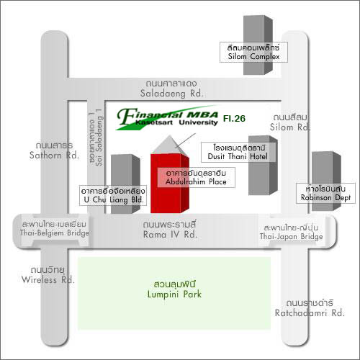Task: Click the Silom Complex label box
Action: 253,53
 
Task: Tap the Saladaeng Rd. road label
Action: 171,89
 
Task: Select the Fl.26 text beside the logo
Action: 234,118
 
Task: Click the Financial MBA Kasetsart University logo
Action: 168,117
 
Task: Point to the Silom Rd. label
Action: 290,122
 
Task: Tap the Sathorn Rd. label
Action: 54,150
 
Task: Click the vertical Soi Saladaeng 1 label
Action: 96,138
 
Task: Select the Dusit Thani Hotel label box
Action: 238,152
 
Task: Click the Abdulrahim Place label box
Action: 196,177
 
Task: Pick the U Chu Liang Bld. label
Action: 113,195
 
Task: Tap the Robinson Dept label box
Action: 325,194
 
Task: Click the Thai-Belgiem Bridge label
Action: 54,229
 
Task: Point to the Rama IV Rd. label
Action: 170,230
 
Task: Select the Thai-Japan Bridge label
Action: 291,232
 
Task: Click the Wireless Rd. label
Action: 48,275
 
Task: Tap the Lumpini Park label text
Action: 174,289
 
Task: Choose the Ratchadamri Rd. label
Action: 310,308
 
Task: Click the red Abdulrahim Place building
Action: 170,184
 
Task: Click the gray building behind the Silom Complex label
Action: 258,45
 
